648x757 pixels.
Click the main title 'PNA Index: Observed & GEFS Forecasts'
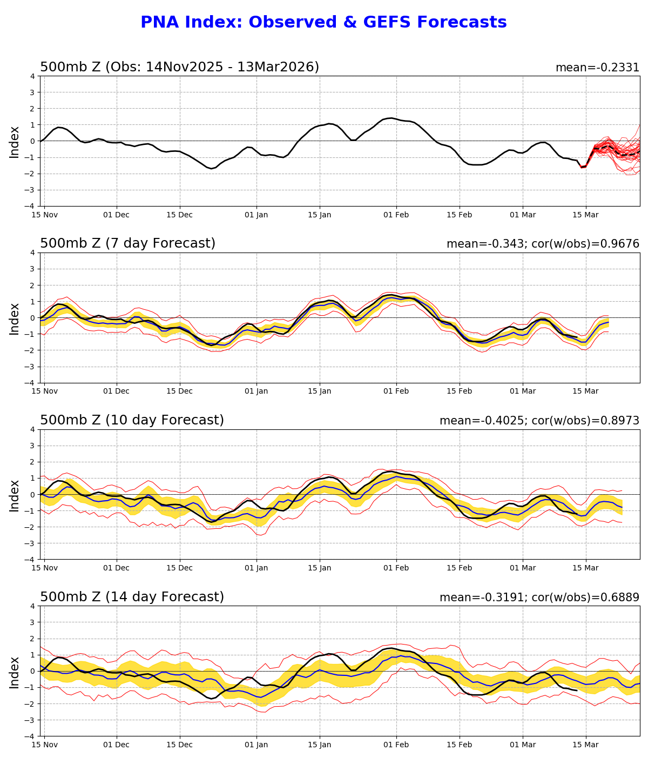pos(323,22)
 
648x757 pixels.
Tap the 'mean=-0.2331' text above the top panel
pos(597,68)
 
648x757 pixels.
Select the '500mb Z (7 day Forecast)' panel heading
pos(127,243)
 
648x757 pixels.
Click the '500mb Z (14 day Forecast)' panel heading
pos(132,597)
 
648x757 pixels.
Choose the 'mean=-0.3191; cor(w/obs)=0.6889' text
pos(539,597)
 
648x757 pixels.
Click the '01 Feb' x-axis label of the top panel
pos(396,215)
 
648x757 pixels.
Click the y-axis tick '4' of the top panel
pos(32,76)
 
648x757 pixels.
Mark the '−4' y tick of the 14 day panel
pos(30,736)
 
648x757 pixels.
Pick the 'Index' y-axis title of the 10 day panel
pos(15,495)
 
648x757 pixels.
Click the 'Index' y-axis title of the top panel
pos(15,142)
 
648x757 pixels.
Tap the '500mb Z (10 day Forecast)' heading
pos(132,420)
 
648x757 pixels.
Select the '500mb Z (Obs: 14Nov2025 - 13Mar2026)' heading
pos(179,67)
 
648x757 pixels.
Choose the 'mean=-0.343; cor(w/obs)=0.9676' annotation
pos(543,244)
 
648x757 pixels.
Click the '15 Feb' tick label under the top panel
pos(459,215)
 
